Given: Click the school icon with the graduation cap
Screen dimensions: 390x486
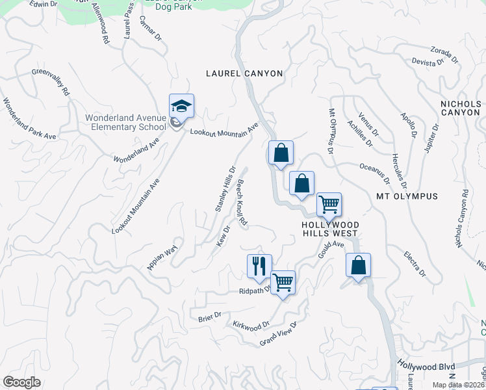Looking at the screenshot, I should coord(182,105).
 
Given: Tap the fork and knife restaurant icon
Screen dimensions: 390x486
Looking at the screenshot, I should coord(259,265).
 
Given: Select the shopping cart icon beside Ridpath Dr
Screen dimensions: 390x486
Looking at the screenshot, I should coord(283,282).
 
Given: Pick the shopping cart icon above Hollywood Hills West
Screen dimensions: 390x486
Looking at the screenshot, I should coord(329,204).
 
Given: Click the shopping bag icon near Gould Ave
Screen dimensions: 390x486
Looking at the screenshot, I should coord(357,265).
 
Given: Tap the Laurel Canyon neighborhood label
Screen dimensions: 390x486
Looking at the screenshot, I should coord(244,73).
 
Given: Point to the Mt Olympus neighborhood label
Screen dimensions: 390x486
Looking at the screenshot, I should coord(407,196).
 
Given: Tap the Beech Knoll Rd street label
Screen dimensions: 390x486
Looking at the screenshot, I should coord(242,203).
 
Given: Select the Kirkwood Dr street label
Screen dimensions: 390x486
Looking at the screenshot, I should coord(251,324).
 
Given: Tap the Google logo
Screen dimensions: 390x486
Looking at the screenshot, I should coord(21,382).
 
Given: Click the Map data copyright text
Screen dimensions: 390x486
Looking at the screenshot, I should coord(458,385).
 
